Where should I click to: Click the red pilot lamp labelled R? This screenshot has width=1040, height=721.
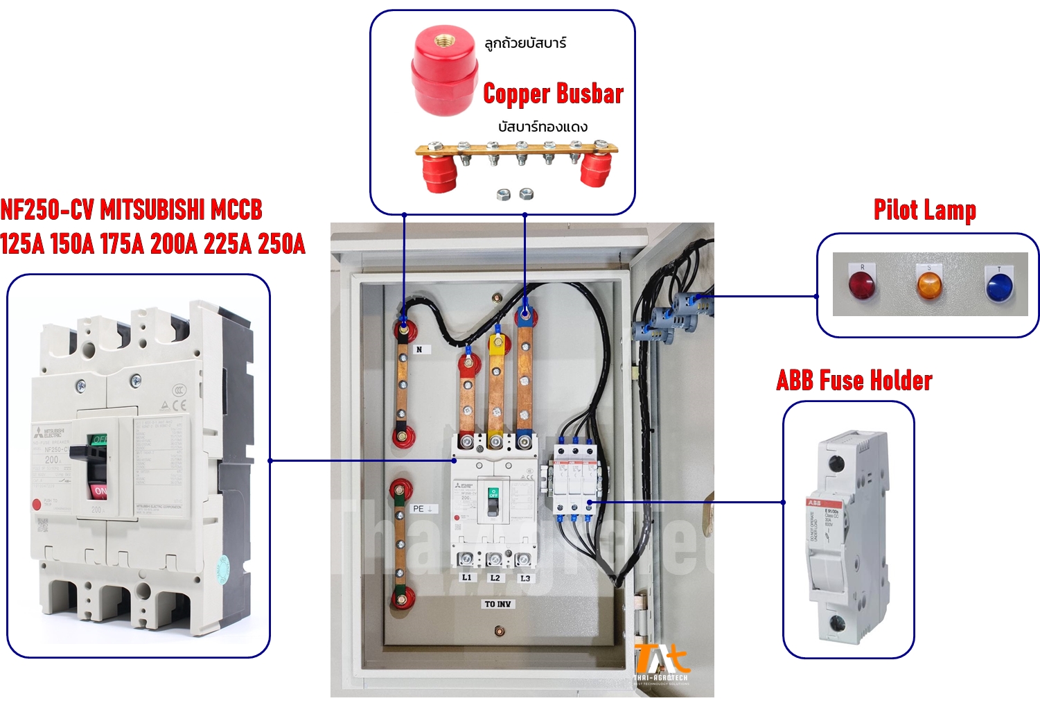[x=861, y=284]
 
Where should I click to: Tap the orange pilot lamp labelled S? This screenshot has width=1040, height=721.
[x=929, y=285]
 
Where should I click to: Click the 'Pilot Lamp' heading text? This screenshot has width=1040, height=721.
[x=924, y=210]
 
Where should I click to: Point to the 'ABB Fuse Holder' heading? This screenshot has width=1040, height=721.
[x=854, y=381]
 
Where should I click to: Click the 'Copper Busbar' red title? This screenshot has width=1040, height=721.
[x=553, y=94]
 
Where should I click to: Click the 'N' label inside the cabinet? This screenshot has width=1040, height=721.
[x=419, y=349]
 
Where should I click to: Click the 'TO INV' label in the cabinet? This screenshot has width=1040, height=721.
[x=498, y=604]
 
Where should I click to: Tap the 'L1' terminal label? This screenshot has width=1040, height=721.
[x=467, y=577]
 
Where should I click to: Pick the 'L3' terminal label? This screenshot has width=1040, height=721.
[x=525, y=578]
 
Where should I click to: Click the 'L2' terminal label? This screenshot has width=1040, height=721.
[x=495, y=577]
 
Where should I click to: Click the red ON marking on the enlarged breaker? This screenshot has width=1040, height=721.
[x=100, y=491]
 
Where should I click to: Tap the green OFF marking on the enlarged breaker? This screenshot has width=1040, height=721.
[x=100, y=440]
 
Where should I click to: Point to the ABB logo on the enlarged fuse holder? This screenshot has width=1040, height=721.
[x=814, y=503]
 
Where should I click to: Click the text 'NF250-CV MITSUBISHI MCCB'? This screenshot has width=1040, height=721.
[x=132, y=209]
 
